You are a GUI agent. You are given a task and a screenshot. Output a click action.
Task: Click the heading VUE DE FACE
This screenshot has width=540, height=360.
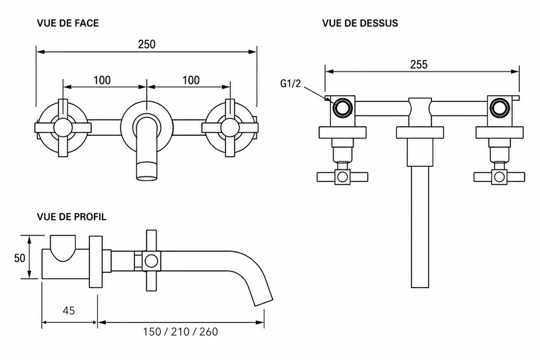click(68, 23)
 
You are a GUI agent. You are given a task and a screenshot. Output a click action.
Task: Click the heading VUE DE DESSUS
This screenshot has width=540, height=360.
click(360, 23)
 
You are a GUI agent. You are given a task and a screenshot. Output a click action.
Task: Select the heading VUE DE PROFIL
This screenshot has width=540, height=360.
click(72, 217)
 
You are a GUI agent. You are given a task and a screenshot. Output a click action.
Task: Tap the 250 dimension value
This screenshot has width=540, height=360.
click(146, 44)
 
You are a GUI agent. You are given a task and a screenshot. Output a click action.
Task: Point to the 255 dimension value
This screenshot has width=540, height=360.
click(418, 64)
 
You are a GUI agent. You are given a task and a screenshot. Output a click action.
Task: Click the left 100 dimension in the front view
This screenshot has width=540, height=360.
click(103, 80)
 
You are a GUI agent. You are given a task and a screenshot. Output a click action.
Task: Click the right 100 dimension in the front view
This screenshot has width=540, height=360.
click(191, 80)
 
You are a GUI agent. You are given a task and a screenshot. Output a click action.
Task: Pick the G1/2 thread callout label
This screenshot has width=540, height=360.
click(290, 83)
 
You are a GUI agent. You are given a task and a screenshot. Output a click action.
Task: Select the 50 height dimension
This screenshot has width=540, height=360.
click(20, 258)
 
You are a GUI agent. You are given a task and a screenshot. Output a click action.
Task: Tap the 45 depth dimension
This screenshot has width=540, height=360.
click(69, 311)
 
